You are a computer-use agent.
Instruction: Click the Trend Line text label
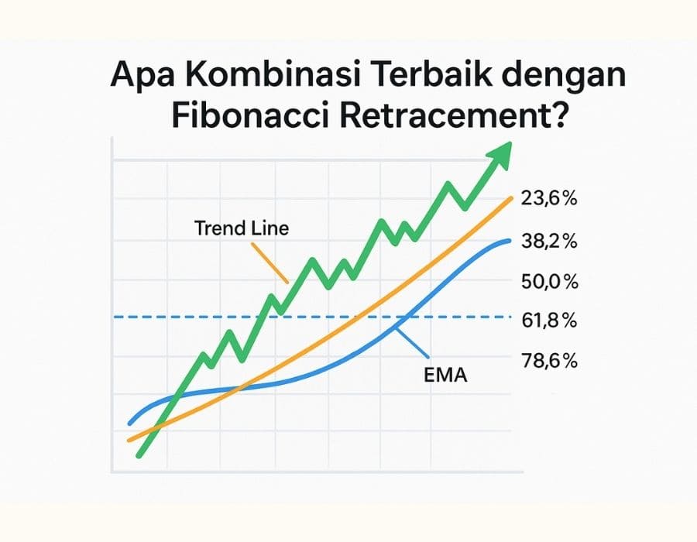click(241, 228)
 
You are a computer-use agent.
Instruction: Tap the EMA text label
click(447, 376)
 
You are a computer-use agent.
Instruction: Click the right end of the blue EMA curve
click(510, 241)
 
